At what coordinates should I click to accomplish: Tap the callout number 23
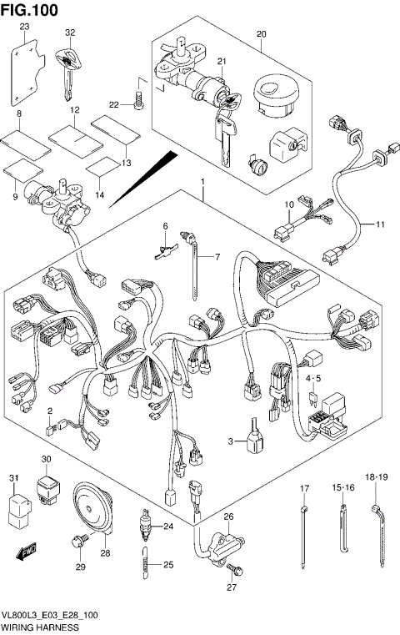point(24,28)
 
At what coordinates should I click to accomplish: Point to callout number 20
point(261,33)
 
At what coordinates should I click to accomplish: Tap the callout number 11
point(380,224)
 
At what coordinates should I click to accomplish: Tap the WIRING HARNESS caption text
point(39,626)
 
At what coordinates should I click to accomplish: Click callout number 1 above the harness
point(201,181)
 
